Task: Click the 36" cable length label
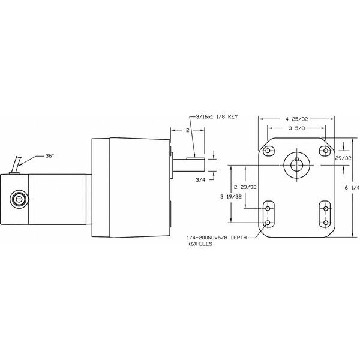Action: [49, 156]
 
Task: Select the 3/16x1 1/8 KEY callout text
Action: [217, 116]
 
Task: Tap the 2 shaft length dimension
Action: [188, 130]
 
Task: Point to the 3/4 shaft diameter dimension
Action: [200, 180]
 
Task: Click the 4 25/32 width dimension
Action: [296, 119]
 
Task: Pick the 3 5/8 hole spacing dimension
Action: [297, 128]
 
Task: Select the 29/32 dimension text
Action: [343, 158]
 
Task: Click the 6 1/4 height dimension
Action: [352, 188]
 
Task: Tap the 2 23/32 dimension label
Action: [245, 187]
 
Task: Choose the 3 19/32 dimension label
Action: [231, 197]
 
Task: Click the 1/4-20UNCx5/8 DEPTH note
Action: [217, 238]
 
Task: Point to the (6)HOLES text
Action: [200, 244]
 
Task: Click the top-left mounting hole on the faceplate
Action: [268, 151]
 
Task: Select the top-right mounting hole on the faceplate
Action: [326, 151]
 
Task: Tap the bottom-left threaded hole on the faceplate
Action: [268, 223]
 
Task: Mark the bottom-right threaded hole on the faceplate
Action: [326, 223]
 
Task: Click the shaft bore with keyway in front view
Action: [296, 164]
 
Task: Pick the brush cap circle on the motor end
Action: [19, 199]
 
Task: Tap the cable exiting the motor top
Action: [17, 164]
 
